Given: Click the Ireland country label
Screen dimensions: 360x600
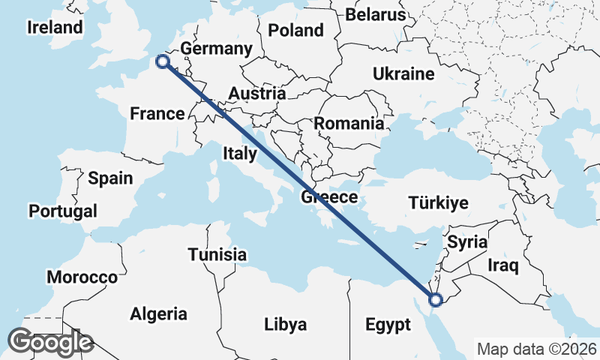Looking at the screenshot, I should pos(55,28).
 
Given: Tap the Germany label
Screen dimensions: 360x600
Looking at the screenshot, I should pos(216,49).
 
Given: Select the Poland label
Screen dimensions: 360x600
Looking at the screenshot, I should pos(295,31).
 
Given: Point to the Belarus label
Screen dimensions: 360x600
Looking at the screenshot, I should pos(376,14).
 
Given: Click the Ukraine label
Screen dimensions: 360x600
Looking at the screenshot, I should pos(404,74).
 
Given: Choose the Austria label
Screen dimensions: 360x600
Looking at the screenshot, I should pos(256,94).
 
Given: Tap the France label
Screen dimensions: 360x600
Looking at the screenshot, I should pos(157,114).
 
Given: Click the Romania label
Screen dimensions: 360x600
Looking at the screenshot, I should pos(349,124).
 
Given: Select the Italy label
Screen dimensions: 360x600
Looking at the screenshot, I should pos(240,154).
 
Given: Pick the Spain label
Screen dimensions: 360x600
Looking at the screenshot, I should pos(110,178).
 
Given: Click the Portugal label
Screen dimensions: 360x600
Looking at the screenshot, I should pos(63,211).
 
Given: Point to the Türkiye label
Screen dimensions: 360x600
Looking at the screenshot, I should pos(439,202).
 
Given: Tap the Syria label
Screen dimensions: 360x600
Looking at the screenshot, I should pos(467,243).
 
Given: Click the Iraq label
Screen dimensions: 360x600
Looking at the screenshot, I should pos(502,265).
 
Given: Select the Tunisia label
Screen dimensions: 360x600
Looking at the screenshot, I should pos(217,254).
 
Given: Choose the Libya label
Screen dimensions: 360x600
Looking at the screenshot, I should pos(285,325).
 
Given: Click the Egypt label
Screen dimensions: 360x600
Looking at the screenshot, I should pos(388,325).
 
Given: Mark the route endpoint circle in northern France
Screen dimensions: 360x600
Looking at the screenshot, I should pos(162,62).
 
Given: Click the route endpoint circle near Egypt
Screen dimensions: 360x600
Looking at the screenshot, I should pos(436,301).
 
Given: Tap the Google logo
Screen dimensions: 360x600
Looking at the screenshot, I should pos(49,342).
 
